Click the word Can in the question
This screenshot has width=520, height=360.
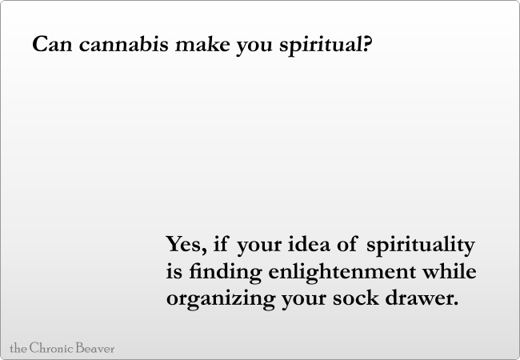(x=52, y=44)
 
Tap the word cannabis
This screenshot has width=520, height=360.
(x=124, y=43)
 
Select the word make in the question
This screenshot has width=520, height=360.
(x=202, y=43)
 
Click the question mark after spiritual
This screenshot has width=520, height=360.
(x=367, y=44)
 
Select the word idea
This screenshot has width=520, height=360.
(x=309, y=244)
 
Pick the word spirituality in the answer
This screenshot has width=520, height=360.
(x=421, y=246)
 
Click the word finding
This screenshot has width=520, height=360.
(x=226, y=273)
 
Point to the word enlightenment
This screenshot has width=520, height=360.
(x=342, y=273)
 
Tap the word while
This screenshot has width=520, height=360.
(x=450, y=270)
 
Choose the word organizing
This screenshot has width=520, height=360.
(x=221, y=299)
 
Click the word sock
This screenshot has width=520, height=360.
(x=356, y=298)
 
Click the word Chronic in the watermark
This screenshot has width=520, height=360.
(x=51, y=348)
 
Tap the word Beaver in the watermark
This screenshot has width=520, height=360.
(x=95, y=348)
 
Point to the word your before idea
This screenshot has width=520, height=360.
(x=260, y=246)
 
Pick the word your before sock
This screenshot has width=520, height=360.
(x=304, y=300)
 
